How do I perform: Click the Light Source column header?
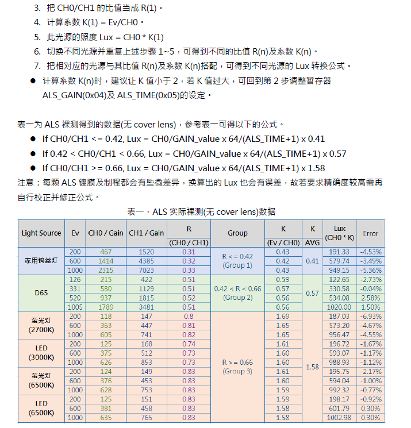point(41,233)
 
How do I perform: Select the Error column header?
point(371,233)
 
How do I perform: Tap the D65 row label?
point(41,293)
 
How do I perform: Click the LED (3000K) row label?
point(41,353)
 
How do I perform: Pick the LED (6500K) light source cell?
point(41,408)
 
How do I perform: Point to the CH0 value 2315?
point(106,271)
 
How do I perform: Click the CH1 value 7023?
point(147,271)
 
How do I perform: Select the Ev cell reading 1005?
point(75,307)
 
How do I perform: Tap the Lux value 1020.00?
point(339,307)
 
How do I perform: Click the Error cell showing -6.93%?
point(371,317)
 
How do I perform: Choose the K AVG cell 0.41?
point(312,261)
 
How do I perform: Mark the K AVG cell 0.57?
point(312,293)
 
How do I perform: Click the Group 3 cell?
point(237,367)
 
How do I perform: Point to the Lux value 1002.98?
point(339,418)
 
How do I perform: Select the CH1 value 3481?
point(147,307)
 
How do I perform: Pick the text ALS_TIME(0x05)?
point(148,95)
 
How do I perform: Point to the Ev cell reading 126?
point(75,280)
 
